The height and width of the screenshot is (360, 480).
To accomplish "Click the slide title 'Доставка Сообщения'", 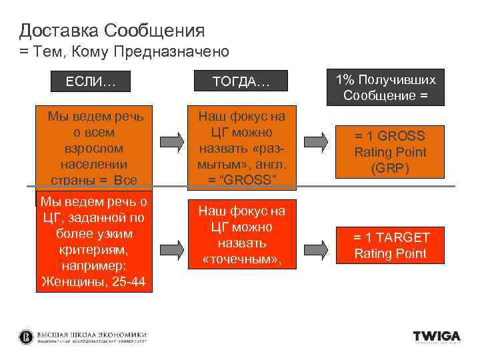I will (112, 30).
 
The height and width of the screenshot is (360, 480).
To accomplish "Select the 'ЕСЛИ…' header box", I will (91, 81).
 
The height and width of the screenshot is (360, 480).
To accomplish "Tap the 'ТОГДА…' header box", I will (241, 81).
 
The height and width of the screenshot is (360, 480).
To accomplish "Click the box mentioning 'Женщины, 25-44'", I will (94, 243).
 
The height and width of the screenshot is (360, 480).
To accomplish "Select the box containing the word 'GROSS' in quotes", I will (241, 148).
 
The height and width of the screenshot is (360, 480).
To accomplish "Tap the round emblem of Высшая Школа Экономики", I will (27, 337).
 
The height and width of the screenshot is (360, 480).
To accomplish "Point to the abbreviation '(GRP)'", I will (390, 169).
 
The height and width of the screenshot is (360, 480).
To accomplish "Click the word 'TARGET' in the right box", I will (401, 237).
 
